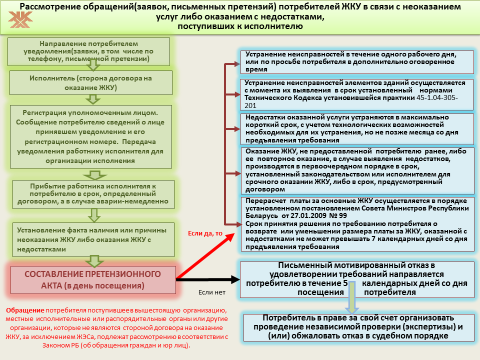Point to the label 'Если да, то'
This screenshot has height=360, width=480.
point(205,233)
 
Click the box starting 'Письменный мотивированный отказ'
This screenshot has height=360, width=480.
point(356,278)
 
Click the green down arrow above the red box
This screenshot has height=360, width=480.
point(93,260)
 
